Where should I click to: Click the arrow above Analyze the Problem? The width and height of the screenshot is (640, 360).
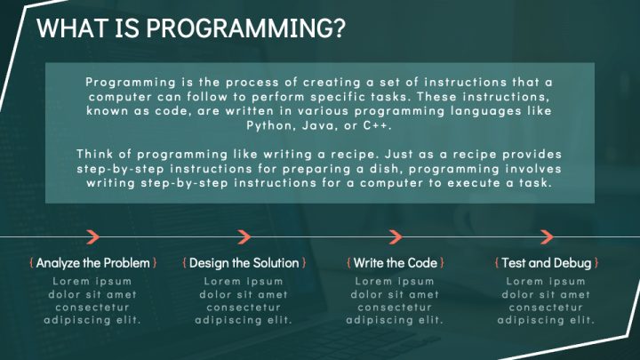tap(92, 236)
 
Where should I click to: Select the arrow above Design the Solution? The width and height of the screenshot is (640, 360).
tap(244, 236)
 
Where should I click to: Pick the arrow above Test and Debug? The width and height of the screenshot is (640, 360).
tap(547, 236)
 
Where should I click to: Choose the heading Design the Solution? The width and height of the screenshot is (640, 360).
tap(245, 263)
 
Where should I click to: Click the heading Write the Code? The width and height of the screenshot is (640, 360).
tap(396, 263)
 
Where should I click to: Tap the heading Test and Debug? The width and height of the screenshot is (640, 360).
tap(546, 263)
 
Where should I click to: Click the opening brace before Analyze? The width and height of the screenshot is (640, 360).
tap(32, 263)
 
